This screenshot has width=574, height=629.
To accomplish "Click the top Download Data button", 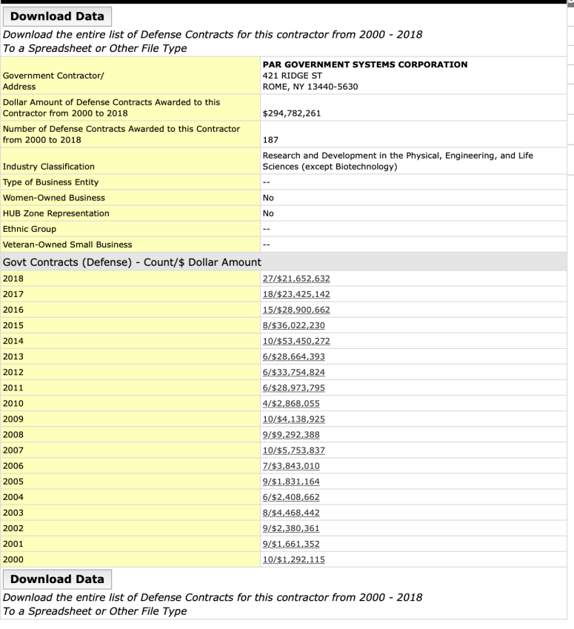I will tap(57, 16).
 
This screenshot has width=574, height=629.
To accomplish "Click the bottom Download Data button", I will tap(57, 579).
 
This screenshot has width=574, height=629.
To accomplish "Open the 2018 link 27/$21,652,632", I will tap(296, 279).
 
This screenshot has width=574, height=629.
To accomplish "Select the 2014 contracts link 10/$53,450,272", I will tap(296, 341).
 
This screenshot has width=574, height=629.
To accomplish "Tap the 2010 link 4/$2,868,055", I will tap(292, 403).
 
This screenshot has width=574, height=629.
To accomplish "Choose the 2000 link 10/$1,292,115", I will tap(293, 559).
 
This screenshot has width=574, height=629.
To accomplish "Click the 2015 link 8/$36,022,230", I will tap(293, 325).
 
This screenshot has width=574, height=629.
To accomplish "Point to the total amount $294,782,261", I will tap(291, 114).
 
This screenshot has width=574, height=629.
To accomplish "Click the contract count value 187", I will tap(270, 139).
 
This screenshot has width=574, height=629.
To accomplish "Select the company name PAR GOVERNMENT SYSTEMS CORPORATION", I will tap(365, 64).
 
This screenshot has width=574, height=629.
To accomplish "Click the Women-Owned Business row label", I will tap(54, 198).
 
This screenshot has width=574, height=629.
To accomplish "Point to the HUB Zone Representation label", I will tap(56, 213).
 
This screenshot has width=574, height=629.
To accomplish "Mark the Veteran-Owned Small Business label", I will tap(67, 244).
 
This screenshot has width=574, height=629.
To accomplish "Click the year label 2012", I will tap(13, 372).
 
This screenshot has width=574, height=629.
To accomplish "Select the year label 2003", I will tap(13, 513).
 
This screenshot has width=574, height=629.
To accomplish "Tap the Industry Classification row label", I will tap(49, 167).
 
